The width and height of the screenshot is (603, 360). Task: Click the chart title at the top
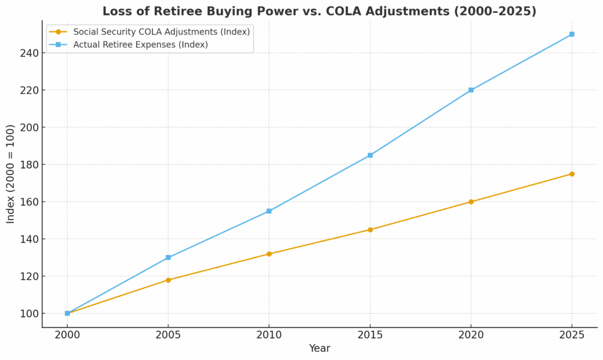coord(319,11)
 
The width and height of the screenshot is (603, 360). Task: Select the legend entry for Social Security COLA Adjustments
coord(161,32)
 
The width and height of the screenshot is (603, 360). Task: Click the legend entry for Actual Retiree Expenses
coord(140,45)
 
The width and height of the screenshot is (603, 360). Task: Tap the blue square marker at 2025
coord(572,34)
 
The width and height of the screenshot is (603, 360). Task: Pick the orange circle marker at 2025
coord(572,174)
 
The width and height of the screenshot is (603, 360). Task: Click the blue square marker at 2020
coord(471,90)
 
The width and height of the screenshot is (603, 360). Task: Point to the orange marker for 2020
coord(471,202)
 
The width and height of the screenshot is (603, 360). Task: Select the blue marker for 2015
coord(370,155)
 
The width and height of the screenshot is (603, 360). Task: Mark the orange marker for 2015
coord(370,230)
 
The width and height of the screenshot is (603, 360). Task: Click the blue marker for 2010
coord(269,211)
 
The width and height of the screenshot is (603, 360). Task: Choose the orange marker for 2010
coord(269,254)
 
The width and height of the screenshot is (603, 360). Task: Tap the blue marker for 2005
coord(168,257)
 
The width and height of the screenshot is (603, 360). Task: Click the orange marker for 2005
coord(168,280)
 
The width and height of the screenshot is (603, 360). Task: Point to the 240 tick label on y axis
coord(29,53)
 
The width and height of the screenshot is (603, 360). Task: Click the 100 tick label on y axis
coord(29,313)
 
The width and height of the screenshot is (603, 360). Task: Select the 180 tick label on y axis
coord(29,165)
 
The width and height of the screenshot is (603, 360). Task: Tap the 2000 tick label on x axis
coord(67,335)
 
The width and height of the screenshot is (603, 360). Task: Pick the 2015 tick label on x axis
coord(370,335)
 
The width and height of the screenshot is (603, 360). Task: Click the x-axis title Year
coord(319,349)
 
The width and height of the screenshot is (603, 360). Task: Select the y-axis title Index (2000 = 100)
coord(11,174)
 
